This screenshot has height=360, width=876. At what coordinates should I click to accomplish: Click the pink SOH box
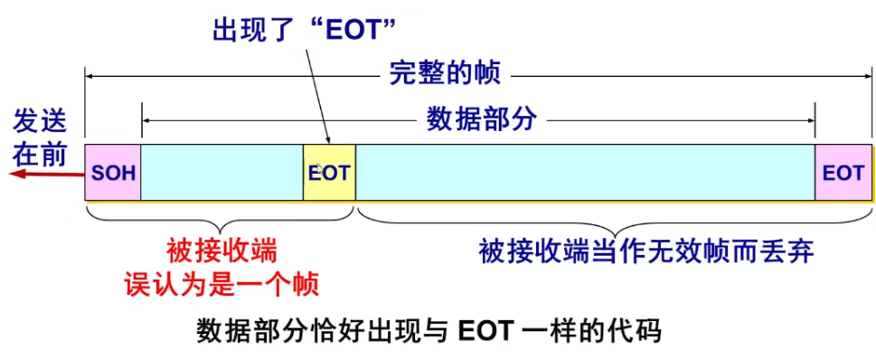pos(113,172)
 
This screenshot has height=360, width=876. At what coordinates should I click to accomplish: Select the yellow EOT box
pos(329,172)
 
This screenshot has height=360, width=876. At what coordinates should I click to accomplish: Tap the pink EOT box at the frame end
pos(843,172)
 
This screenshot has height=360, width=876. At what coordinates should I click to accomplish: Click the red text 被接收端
pos(221,250)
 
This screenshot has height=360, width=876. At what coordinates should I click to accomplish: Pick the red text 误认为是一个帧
pos(221,284)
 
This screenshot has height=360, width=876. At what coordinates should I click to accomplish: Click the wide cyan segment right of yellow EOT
pos(585,172)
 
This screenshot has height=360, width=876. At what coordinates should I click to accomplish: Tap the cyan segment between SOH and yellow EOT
pos(221,172)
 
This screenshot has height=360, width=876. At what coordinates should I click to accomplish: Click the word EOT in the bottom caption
pos(485,331)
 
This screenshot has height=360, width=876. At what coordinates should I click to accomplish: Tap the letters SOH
pos(113,172)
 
